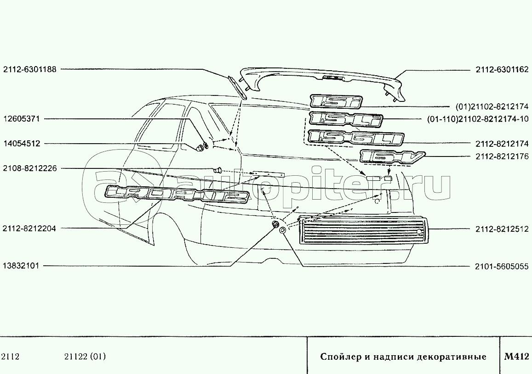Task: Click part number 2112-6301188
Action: (30, 69)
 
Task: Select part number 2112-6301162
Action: (502, 70)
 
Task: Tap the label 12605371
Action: (21, 119)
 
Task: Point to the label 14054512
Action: (21, 144)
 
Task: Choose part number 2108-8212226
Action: (30, 168)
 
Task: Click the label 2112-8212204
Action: (29, 228)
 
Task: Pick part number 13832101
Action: (21, 266)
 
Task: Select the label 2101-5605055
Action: (502, 267)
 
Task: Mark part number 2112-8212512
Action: (502, 229)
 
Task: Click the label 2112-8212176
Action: (502, 156)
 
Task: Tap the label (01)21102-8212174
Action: (492, 106)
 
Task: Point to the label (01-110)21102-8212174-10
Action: (478, 119)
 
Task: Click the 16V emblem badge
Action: (392, 156)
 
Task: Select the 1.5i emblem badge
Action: (336, 101)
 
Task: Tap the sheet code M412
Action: (516, 357)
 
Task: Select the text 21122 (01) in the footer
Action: (85, 357)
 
